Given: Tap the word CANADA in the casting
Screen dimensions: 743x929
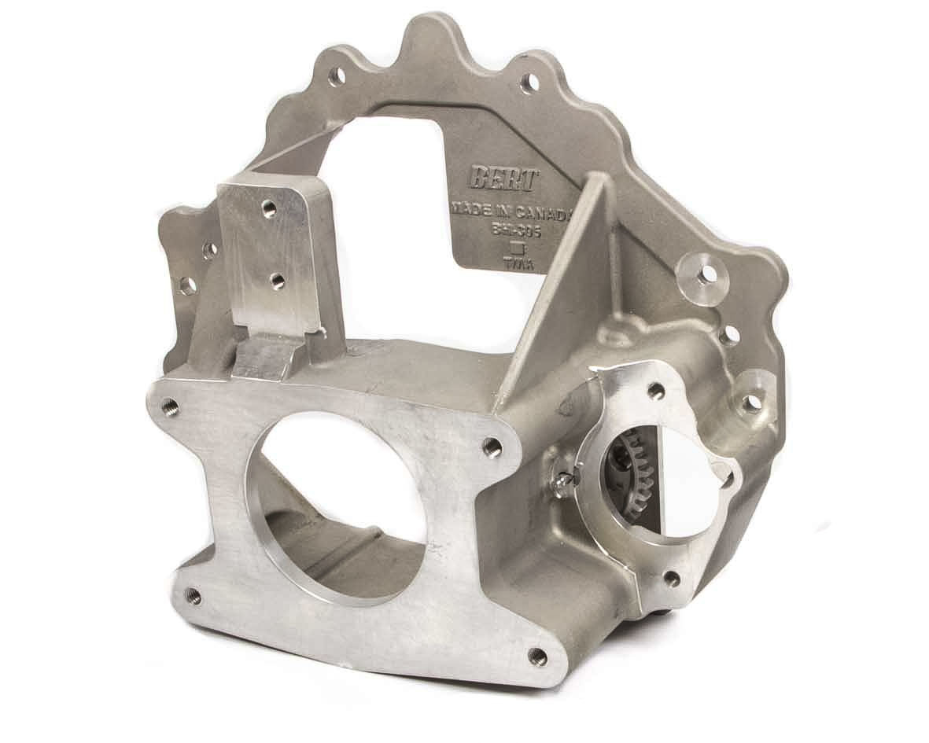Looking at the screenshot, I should pos(544,211).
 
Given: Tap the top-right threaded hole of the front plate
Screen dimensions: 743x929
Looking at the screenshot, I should pos(493,447).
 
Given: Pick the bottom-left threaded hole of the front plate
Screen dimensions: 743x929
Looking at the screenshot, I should pos(194,598).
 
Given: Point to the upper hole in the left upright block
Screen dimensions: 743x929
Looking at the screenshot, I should pos(269,208).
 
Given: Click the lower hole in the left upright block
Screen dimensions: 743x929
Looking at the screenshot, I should pos(277,280).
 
